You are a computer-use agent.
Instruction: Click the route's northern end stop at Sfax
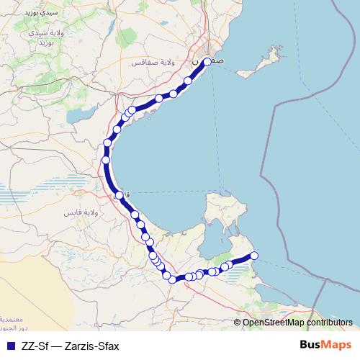coord(207,61)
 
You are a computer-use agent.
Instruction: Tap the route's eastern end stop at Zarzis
coord(253,256)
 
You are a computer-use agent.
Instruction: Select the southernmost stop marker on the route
coord(173,279)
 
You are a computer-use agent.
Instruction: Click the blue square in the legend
coord(9,346)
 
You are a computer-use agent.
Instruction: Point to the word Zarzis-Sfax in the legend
coord(91,346)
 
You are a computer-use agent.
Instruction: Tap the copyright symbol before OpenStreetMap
coord(238,323)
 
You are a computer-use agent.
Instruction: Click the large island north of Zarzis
coord(220,220)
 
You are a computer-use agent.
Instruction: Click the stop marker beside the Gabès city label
coord(120,194)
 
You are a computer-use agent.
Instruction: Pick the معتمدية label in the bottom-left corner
coord(10,318)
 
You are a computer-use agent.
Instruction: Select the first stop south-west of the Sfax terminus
coord(189,81)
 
